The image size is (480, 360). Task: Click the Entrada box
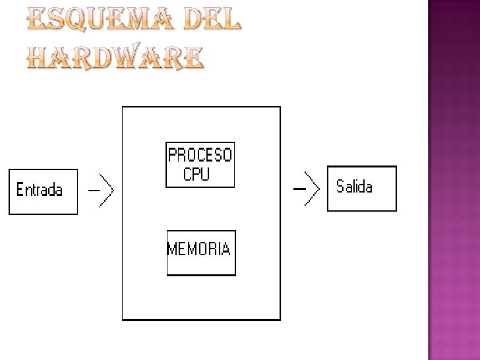43,191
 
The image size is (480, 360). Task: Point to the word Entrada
40,191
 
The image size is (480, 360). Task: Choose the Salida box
362,188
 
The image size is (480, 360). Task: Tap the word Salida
354,187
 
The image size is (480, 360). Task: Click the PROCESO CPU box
200,165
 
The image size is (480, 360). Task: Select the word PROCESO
200,156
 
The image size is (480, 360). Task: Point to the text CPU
196,175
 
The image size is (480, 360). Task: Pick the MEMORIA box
200,253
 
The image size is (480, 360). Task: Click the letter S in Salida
341,187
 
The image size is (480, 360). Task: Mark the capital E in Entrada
20,191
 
